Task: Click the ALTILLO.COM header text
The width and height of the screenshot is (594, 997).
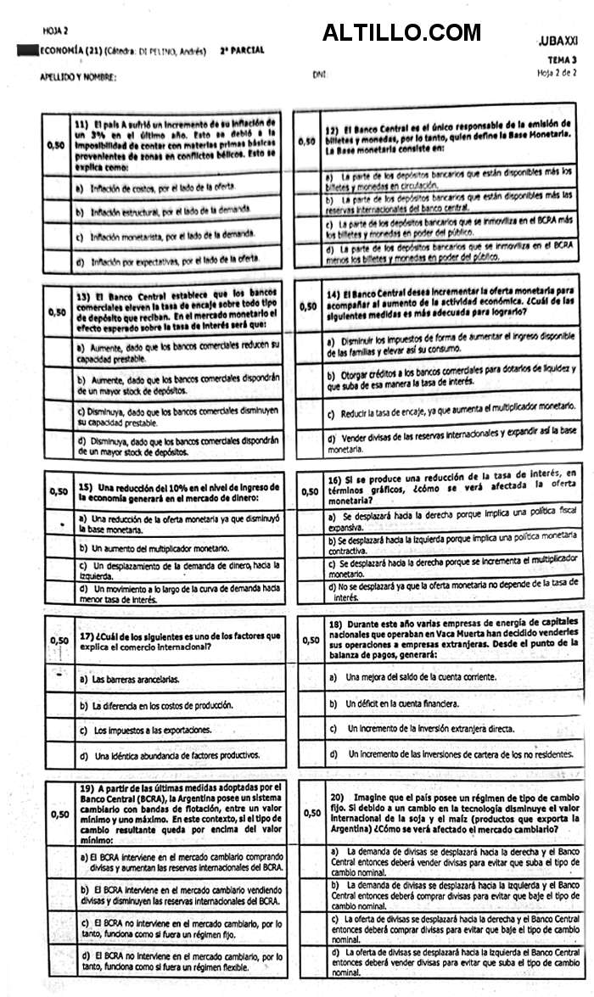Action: pos(401,33)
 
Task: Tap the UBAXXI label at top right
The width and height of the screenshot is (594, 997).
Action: pos(558,41)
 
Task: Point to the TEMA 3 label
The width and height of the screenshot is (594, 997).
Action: pos(562,60)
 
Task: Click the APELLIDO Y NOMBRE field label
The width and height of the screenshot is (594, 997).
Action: pos(78,77)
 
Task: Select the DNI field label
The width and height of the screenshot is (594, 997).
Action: pos(318,75)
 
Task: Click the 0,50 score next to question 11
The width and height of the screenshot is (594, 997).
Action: pos(56,145)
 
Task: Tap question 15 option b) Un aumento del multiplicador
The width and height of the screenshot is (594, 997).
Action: pos(153,548)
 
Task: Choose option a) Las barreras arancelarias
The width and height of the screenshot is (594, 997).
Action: pos(129,679)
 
